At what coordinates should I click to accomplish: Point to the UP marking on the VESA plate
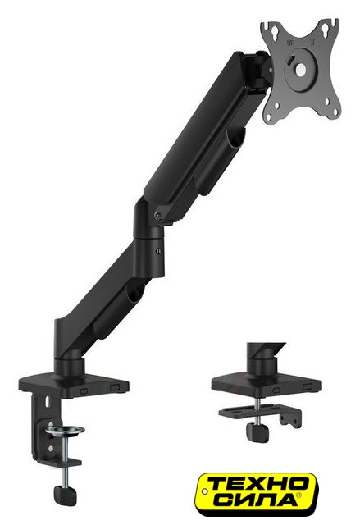pyautogui.click(x=290, y=43)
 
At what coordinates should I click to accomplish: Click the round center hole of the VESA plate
pyautogui.click(x=301, y=69)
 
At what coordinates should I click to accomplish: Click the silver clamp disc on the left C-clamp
pyautogui.click(x=66, y=431)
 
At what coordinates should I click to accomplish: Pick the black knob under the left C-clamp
pyautogui.click(x=66, y=495)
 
